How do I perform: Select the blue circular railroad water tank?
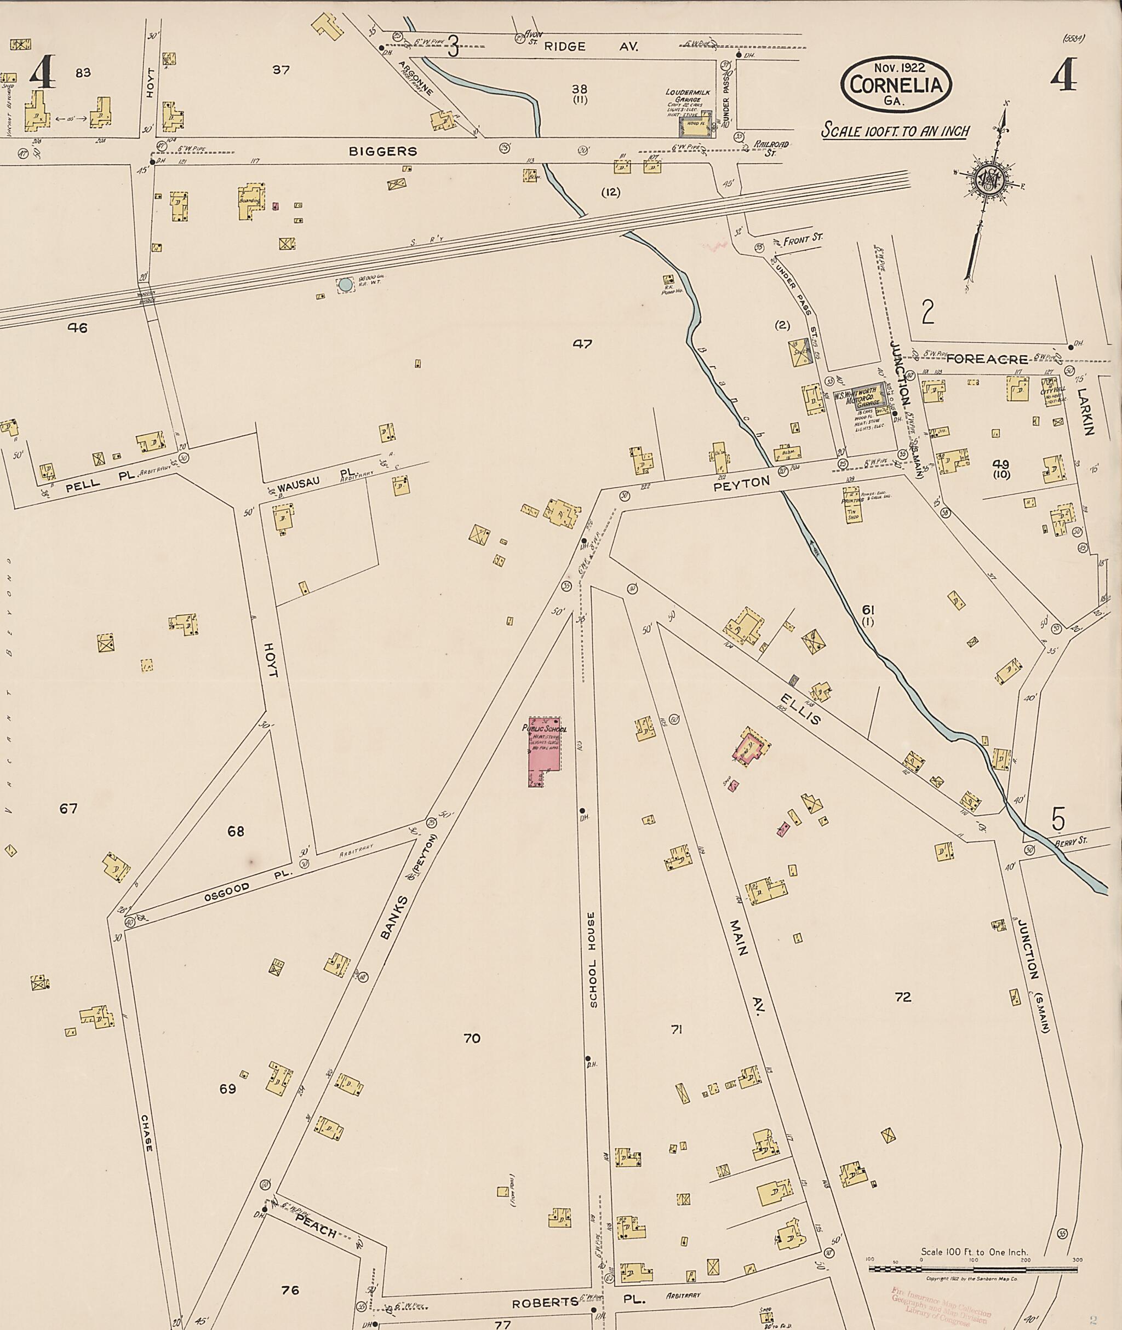345,285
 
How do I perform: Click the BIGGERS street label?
383,151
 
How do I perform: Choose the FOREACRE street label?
987,359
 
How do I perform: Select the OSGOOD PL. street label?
247,885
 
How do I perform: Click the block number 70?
471,1039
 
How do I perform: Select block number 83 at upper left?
83,72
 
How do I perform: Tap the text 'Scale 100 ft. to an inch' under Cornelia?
896,131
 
